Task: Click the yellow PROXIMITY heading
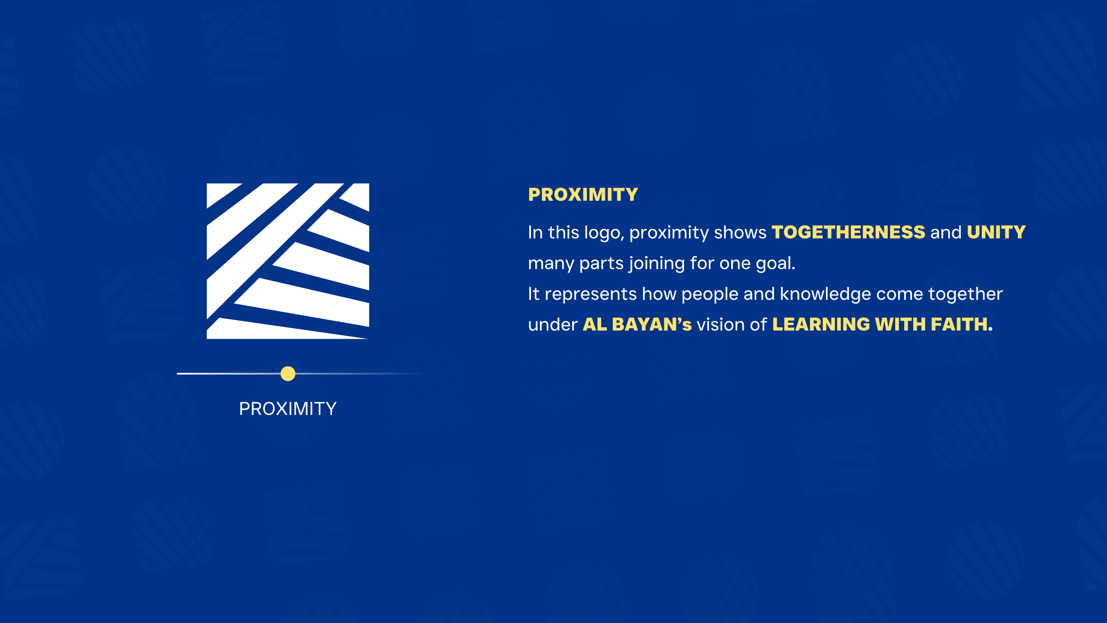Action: click(583, 195)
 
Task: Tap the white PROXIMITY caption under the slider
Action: click(288, 409)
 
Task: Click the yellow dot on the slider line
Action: click(288, 373)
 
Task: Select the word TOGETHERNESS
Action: click(848, 232)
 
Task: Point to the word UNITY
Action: click(996, 232)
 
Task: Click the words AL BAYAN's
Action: click(637, 324)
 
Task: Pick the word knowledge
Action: click(825, 294)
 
